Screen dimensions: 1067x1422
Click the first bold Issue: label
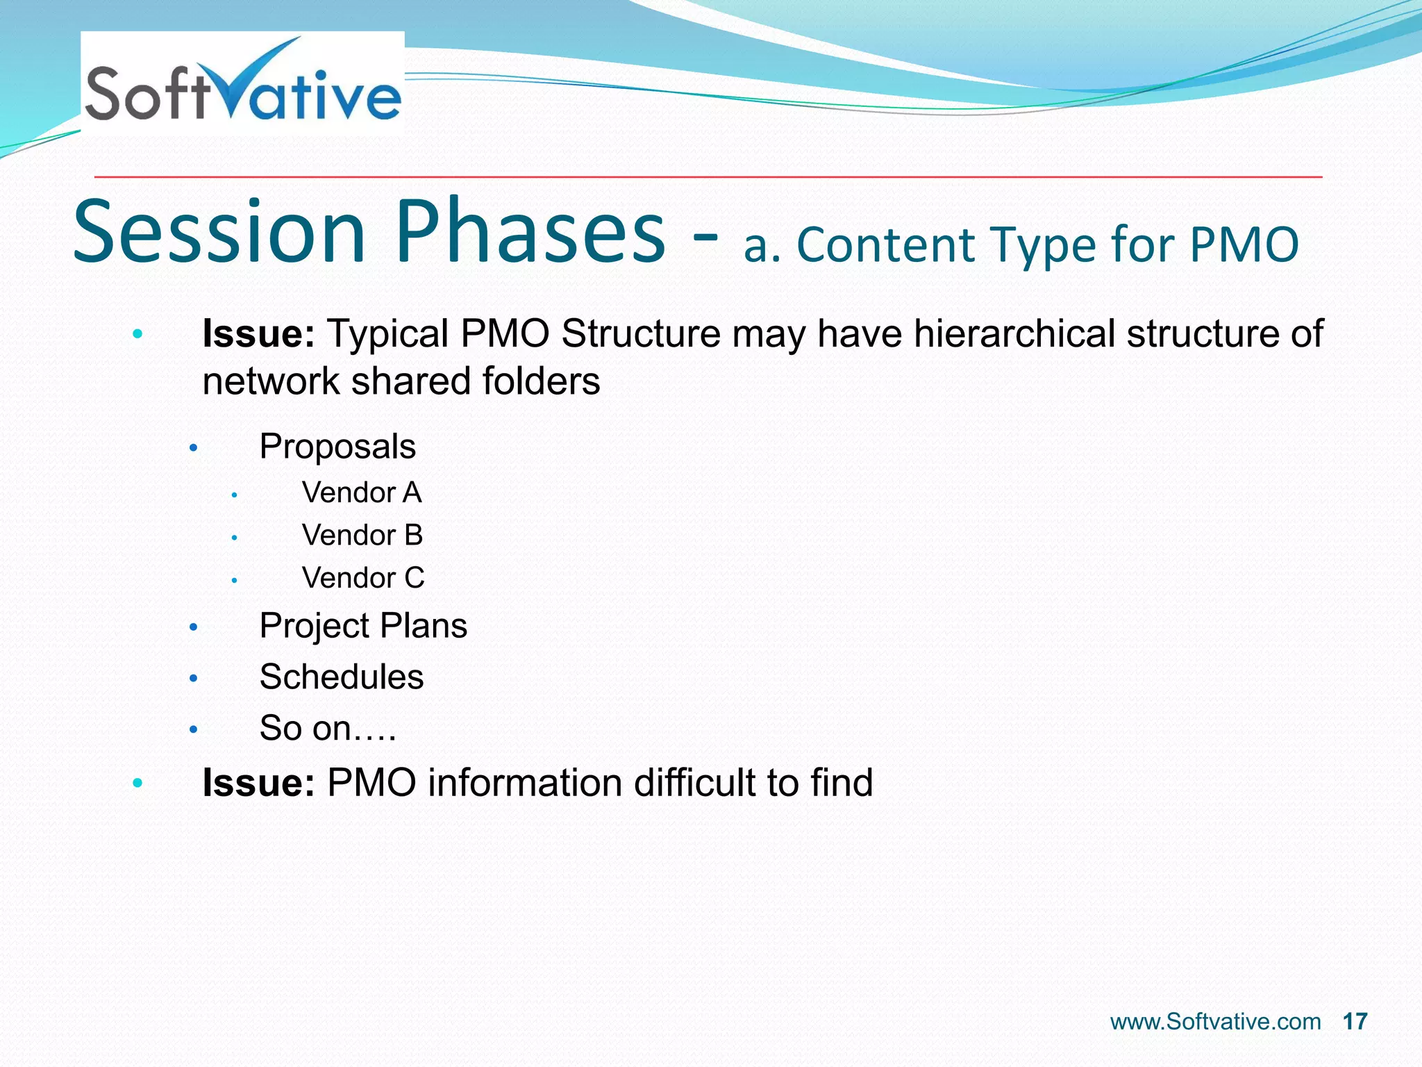[258, 333]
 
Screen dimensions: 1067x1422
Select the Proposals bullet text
[337, 447]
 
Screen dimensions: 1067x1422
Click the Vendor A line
[362, 493]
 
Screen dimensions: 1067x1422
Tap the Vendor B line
[362, 536]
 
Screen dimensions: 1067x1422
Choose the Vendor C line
[363, 578]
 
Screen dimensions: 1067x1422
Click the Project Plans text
[363, 626]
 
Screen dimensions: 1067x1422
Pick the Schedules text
[342, 677]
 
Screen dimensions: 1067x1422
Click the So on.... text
[328, 729]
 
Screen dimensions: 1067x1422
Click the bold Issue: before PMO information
[258, 783]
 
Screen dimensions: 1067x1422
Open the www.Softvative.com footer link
[1215, 1022]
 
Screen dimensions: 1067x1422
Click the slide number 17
[1355, 1022]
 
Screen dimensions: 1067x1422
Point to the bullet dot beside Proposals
[194, 448]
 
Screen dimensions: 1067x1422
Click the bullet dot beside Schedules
[194, 679]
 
